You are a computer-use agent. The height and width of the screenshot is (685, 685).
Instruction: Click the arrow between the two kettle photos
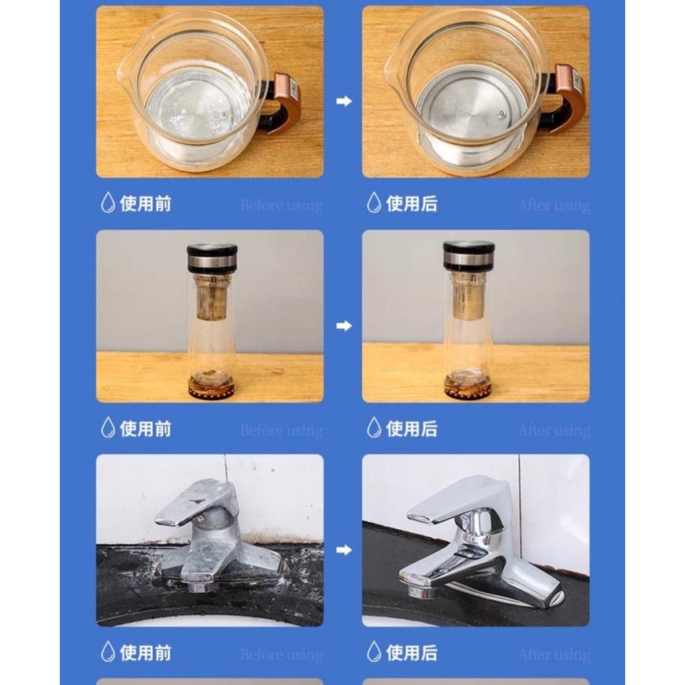(343, 102)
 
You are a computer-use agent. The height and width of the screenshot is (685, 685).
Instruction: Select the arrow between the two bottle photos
(343, 326)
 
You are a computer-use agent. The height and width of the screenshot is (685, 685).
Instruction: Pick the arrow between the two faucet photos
(343, 550)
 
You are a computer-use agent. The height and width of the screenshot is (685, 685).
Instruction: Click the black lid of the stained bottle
(212, 257)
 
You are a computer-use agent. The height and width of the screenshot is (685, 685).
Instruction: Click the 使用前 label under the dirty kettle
(146, 205)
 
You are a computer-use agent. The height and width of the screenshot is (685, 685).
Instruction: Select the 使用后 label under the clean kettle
(412, 205)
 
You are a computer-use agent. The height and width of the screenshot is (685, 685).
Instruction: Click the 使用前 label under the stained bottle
(146, 429)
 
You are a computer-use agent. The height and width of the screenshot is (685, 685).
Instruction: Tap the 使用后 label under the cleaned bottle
(412, 429)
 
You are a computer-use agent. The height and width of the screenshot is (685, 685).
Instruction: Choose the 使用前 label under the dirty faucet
(146, 653)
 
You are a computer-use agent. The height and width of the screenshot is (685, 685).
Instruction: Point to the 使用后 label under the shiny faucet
(412, 653)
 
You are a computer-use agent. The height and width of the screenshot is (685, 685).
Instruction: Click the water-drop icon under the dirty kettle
(108, 204)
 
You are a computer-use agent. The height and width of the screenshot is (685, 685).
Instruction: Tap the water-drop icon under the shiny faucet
(374, 652)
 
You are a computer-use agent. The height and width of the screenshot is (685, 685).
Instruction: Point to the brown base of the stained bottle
(212, 387)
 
